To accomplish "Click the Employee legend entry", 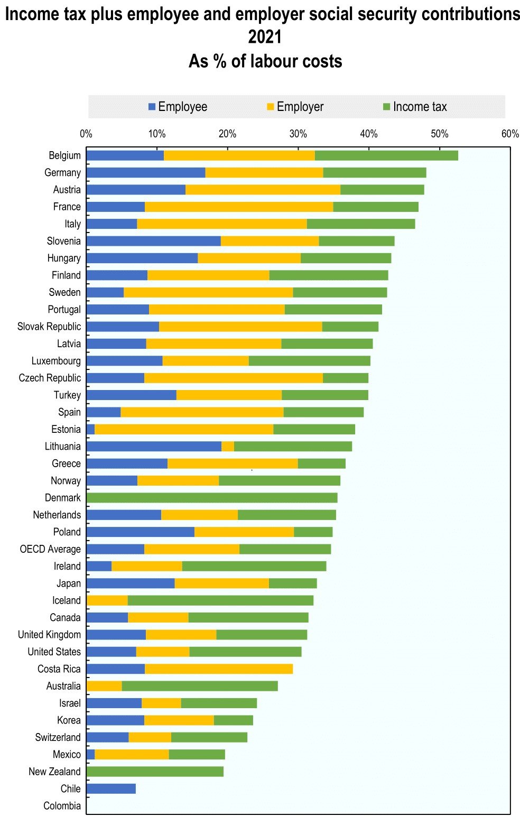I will click(178, 107).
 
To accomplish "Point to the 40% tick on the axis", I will click(369, 134).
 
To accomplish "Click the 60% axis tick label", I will click(510, 134).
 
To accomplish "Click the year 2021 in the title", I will click(265, 37).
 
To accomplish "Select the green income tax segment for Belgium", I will click(386, 155).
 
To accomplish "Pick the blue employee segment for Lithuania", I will click(154, 447).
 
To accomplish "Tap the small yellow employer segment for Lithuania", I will click(228, 447).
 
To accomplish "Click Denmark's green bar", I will click(211, 498).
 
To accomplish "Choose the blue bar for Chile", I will click(111, 788).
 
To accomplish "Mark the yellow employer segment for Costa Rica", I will click(219, 669).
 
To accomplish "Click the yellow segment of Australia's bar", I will click(104, 686).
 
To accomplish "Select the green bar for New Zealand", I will click(155, 772).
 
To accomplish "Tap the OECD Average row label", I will click(50, 549).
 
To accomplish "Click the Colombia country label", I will click(62, 806).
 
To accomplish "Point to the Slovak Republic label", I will click(49, 327).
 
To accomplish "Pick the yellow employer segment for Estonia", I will click(184, 429).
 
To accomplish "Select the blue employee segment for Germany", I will click(146, 173).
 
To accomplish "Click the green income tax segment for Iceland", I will click(220, 600).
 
